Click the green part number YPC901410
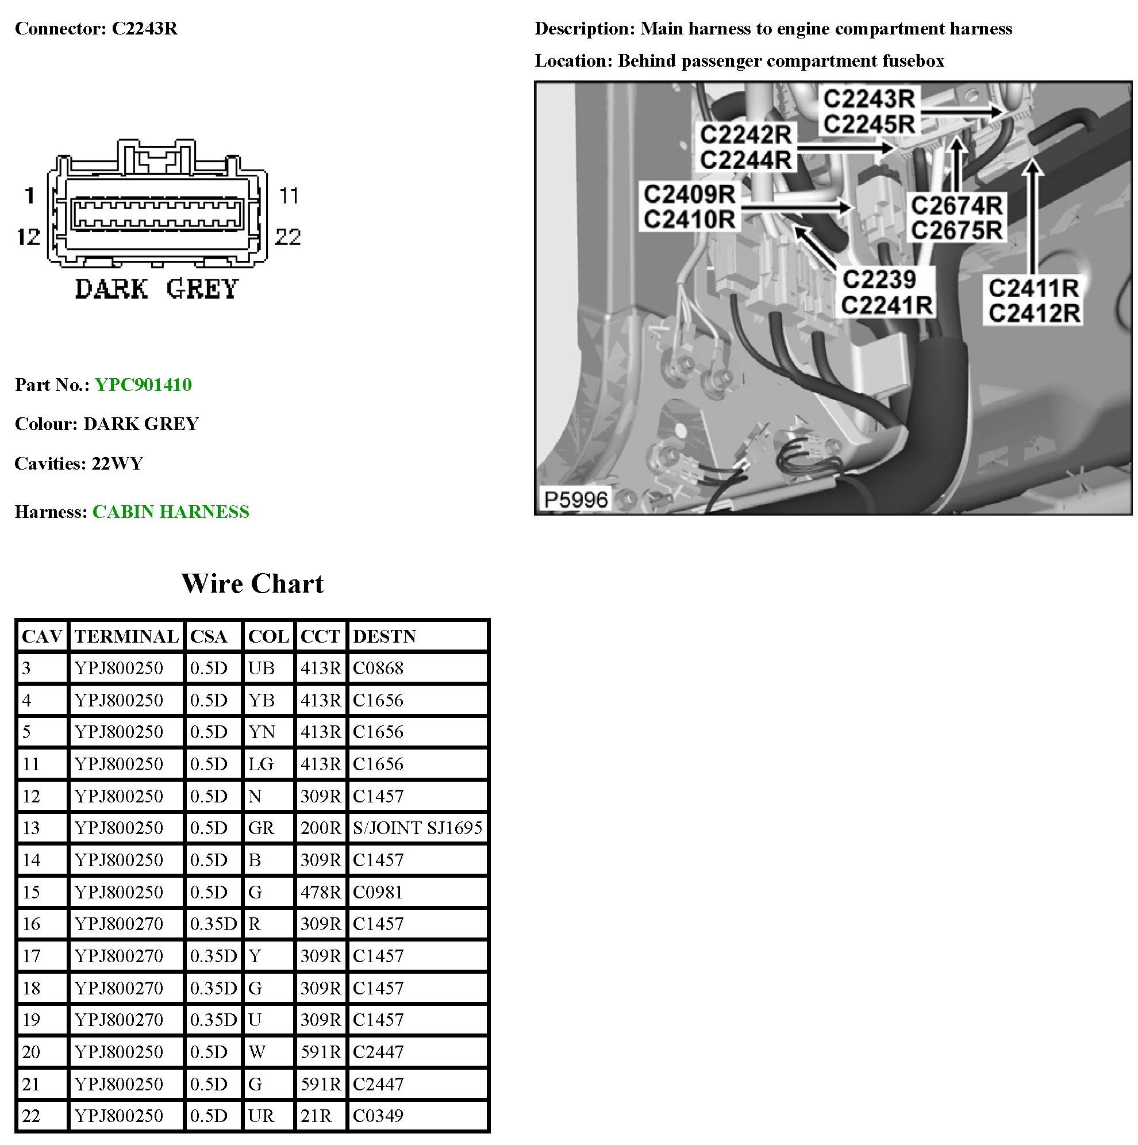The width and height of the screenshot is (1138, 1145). pyautogui.click(x=143, y=385)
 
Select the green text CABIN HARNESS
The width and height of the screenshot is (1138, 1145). pyautogui.click(x=171, y=512)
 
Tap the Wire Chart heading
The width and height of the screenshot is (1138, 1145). pyautogui.click(x=252, y=584)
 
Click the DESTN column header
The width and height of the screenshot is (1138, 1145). pyautogui.click(x=384, y=636)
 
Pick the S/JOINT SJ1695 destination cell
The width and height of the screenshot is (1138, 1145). pyautogui.click(x=417, y=828)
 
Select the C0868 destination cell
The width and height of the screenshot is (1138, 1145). pyautogui.click(x=378, y=668)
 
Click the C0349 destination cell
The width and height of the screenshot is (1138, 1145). pyautogui.click(x=378, y=1116)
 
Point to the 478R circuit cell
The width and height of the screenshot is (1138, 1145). pyautogui.click(x=321, y=892)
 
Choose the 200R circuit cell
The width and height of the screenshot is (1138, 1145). pyautogui.click(x=321, y=828)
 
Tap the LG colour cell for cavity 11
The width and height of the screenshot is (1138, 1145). pyautogui.click(x=261, y=764)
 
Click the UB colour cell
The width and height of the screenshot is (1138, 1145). pyautogui.click(x=261, y=668)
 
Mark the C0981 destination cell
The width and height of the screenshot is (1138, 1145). pyautogui.click(x=378, y=892)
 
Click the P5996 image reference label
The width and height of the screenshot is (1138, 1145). pyautogui.click(x=575, y=500)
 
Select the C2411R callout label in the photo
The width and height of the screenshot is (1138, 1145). pyautogui.click(x=1033, y=289)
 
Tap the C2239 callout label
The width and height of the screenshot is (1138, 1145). pyautogui.click(x=879, y=279)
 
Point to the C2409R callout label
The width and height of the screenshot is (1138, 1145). pyautogui.click(x=689, y=194)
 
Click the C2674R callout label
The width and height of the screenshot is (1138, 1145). pyautogui.click(x=956, y=206)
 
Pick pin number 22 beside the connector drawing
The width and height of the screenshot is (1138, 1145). pyautogui.click(x=288, y=237)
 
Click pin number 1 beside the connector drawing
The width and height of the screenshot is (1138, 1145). pyautogui.click(x=30, y=195)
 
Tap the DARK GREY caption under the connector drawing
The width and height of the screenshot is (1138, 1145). pyautogui.click(x=156, y=289)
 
